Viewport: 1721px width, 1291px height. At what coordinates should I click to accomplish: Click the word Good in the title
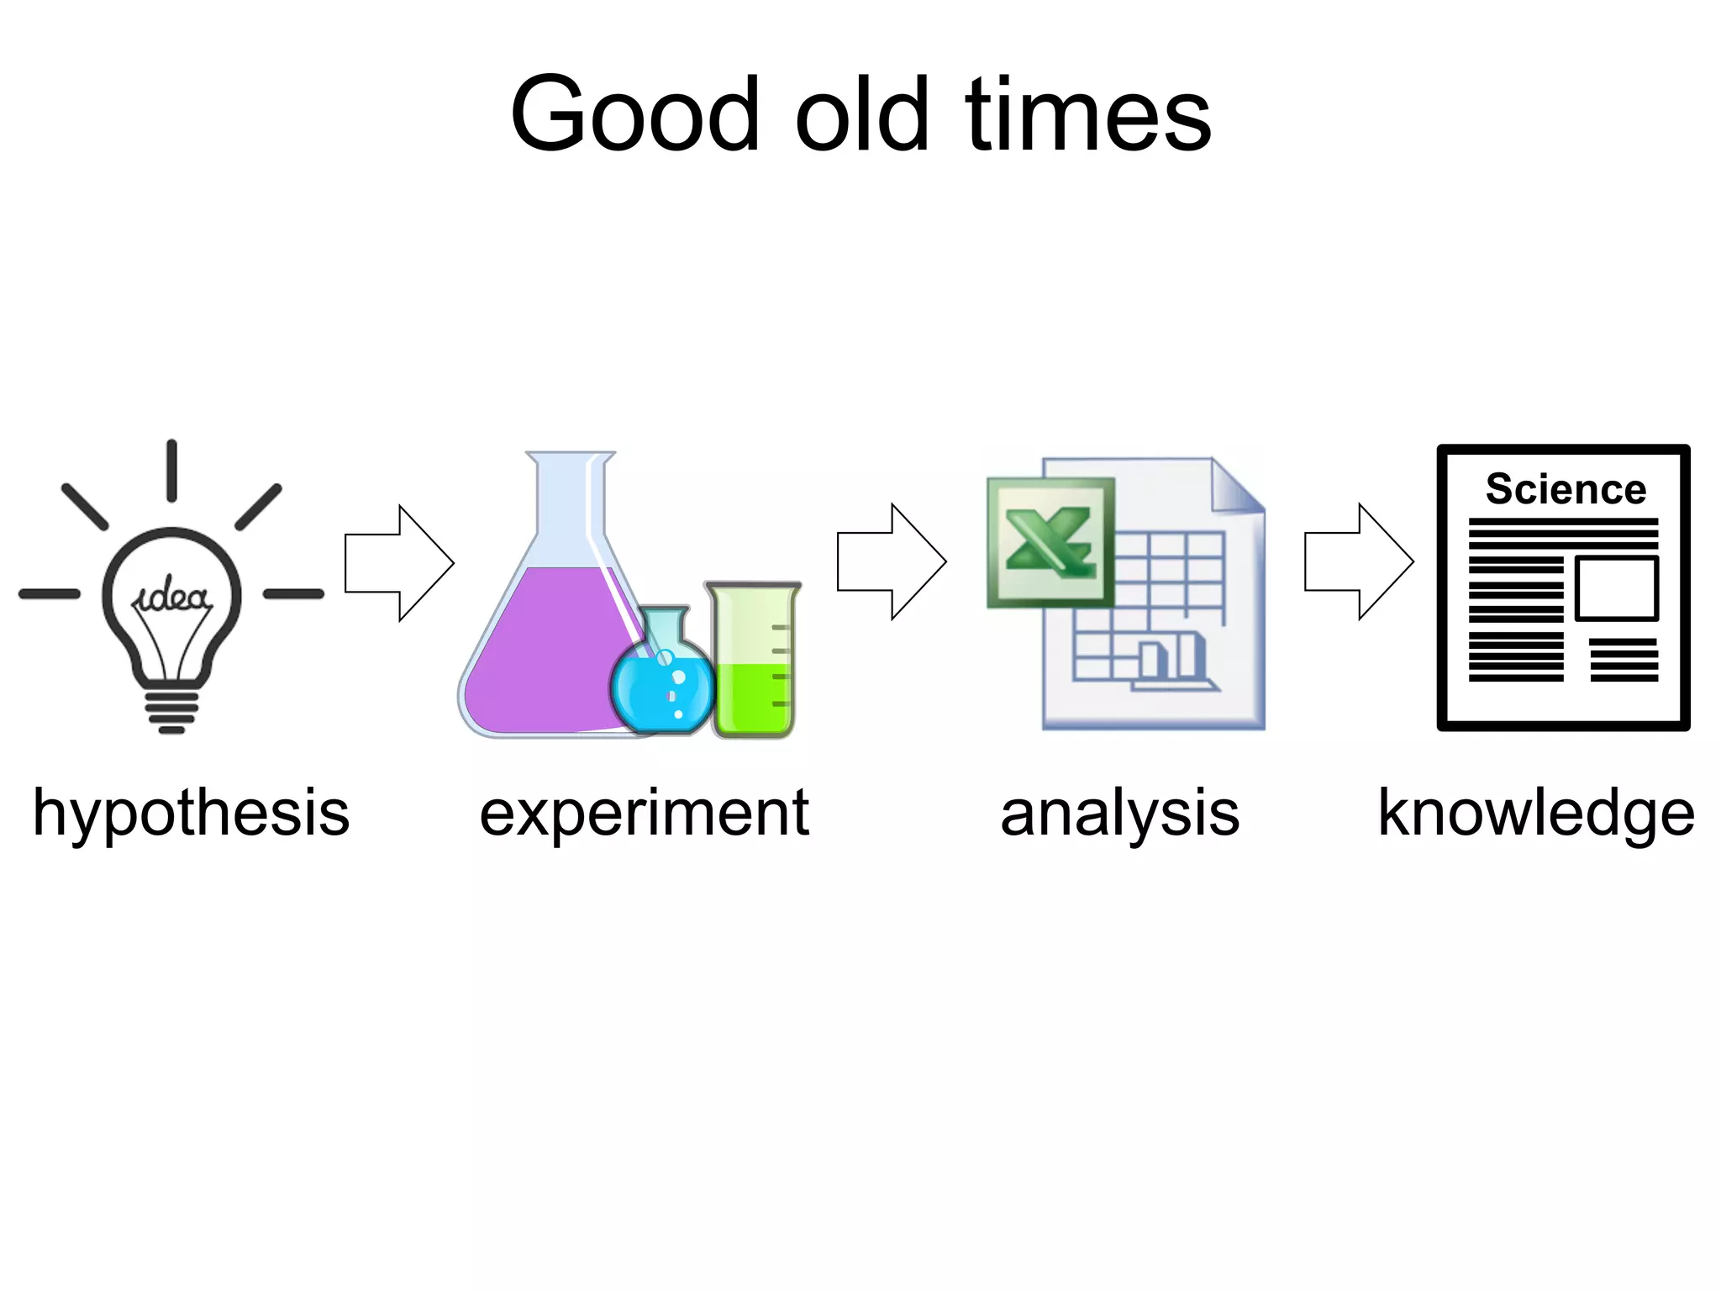[635, 115]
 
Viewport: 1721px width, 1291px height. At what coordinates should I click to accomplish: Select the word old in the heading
[862, 115]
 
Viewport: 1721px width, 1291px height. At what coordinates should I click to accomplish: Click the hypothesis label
[191, 814]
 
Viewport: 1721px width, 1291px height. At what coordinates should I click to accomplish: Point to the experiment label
[644, 814]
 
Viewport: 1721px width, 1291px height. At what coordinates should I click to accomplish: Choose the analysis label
[1119, 814]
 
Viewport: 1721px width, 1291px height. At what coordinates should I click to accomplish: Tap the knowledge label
[1535, 814]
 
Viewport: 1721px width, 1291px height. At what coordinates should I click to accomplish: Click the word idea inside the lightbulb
[172, 595]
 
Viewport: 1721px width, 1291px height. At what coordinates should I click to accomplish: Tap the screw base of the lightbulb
[171, 710]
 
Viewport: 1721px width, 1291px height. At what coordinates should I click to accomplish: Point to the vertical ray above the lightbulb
[171, 471]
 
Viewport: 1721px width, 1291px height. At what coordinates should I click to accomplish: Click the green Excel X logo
[1050, 542]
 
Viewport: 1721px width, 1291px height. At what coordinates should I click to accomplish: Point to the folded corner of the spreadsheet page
[1235, 487]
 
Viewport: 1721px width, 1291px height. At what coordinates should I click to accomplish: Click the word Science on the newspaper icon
[1565, 489]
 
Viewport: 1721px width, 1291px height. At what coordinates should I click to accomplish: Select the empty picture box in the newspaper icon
[1616, 588]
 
